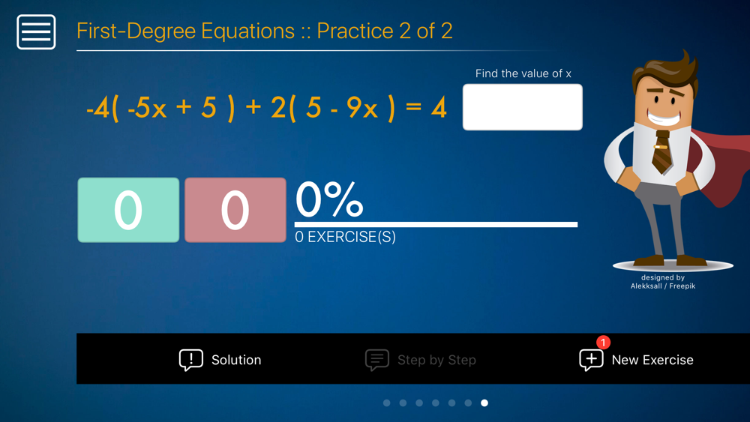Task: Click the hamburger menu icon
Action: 36,32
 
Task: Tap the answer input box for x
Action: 522,107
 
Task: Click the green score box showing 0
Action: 128,210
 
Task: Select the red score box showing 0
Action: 235,210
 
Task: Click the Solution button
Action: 220,360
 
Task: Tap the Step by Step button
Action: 421,360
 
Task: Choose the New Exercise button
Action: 636,360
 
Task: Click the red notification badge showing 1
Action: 603,343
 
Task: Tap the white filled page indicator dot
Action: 484,403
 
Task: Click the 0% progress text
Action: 329,199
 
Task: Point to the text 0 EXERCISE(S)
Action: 345,237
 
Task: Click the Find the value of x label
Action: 523,73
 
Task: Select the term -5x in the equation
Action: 147,107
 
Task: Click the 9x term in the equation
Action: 362,107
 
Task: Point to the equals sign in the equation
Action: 413,106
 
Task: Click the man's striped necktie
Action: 662,151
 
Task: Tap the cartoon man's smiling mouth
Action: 664,117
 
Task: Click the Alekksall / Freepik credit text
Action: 663,286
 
